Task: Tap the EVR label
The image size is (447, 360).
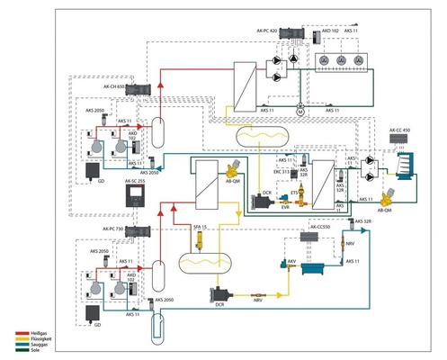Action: tap(286, 206)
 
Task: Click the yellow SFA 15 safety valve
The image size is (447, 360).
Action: tap(199, 243)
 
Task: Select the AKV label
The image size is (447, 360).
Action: tap(291, 258)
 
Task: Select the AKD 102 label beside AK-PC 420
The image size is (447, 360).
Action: tap(329, 31)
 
